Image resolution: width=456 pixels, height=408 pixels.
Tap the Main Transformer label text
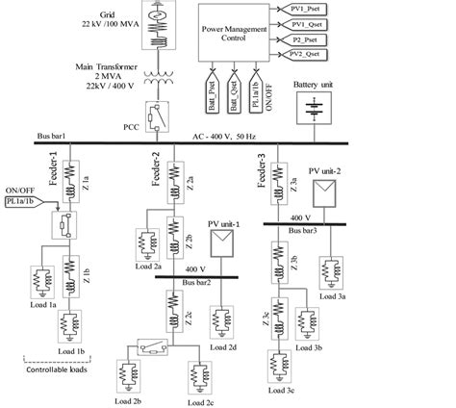click(108, 66)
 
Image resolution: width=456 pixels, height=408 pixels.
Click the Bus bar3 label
click(307, 231)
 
